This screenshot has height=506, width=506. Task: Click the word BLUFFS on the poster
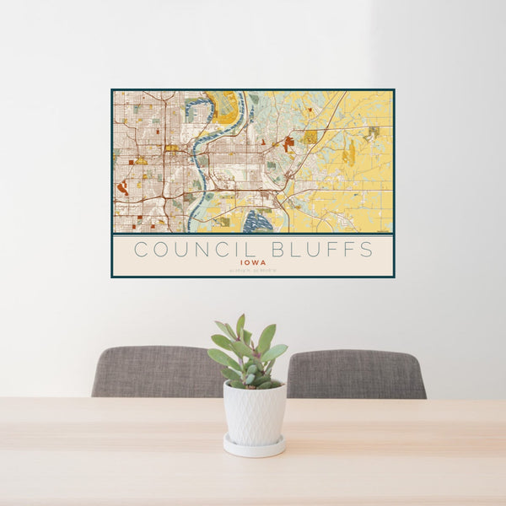click(x=317, y=250)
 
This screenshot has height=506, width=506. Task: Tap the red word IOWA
click(x=253, y=262)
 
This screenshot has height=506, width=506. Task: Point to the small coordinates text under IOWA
click(x=253, y=270)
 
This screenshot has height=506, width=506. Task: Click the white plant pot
click(x=254, y=412)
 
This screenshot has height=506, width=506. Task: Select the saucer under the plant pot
click(x=254, y=447)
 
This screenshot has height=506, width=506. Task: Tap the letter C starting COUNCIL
click(x=141, y=250)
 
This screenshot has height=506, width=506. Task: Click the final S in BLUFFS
click(x=367, y=250)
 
